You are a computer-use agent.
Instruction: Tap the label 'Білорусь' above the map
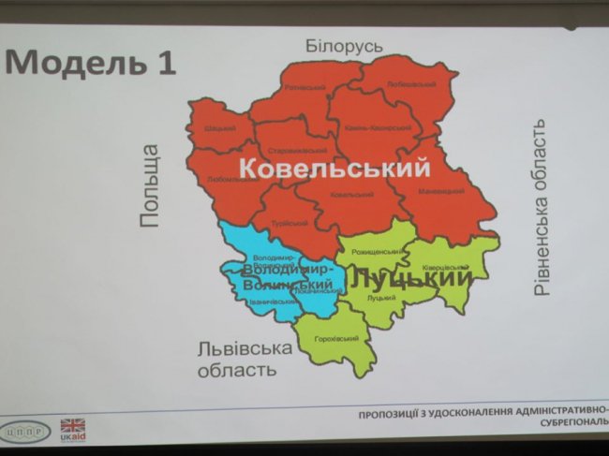(345, 47)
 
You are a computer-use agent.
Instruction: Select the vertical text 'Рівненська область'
(541, 207)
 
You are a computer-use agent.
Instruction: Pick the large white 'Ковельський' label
(334, 169)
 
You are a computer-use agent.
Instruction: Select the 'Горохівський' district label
(334, 338)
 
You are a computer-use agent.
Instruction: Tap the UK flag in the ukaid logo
(72, 424)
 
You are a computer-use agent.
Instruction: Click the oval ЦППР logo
(29, 432)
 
